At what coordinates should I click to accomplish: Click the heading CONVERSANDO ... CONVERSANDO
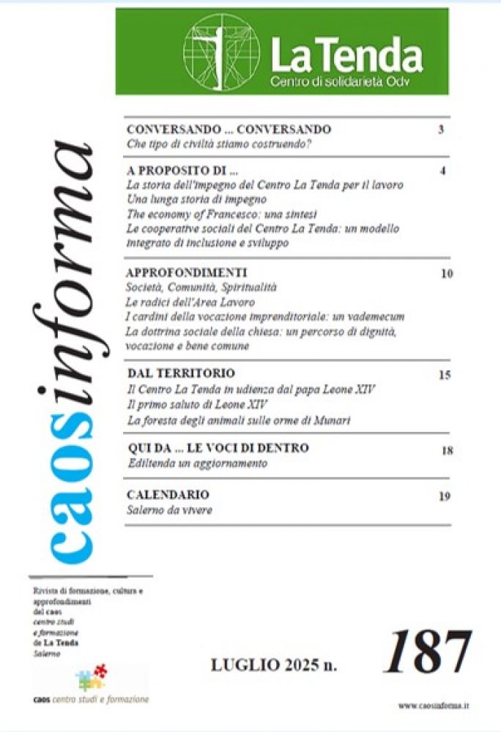click(229, 130)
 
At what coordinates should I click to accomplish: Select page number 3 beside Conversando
click(442, 130)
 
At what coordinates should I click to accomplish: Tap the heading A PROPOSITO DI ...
click(183, 171)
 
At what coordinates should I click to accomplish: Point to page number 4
click(443, 171)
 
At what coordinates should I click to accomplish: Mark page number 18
click(447, 450)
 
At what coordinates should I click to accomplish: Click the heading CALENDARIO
click(168, 495)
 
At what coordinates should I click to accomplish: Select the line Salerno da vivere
click(170, 509)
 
